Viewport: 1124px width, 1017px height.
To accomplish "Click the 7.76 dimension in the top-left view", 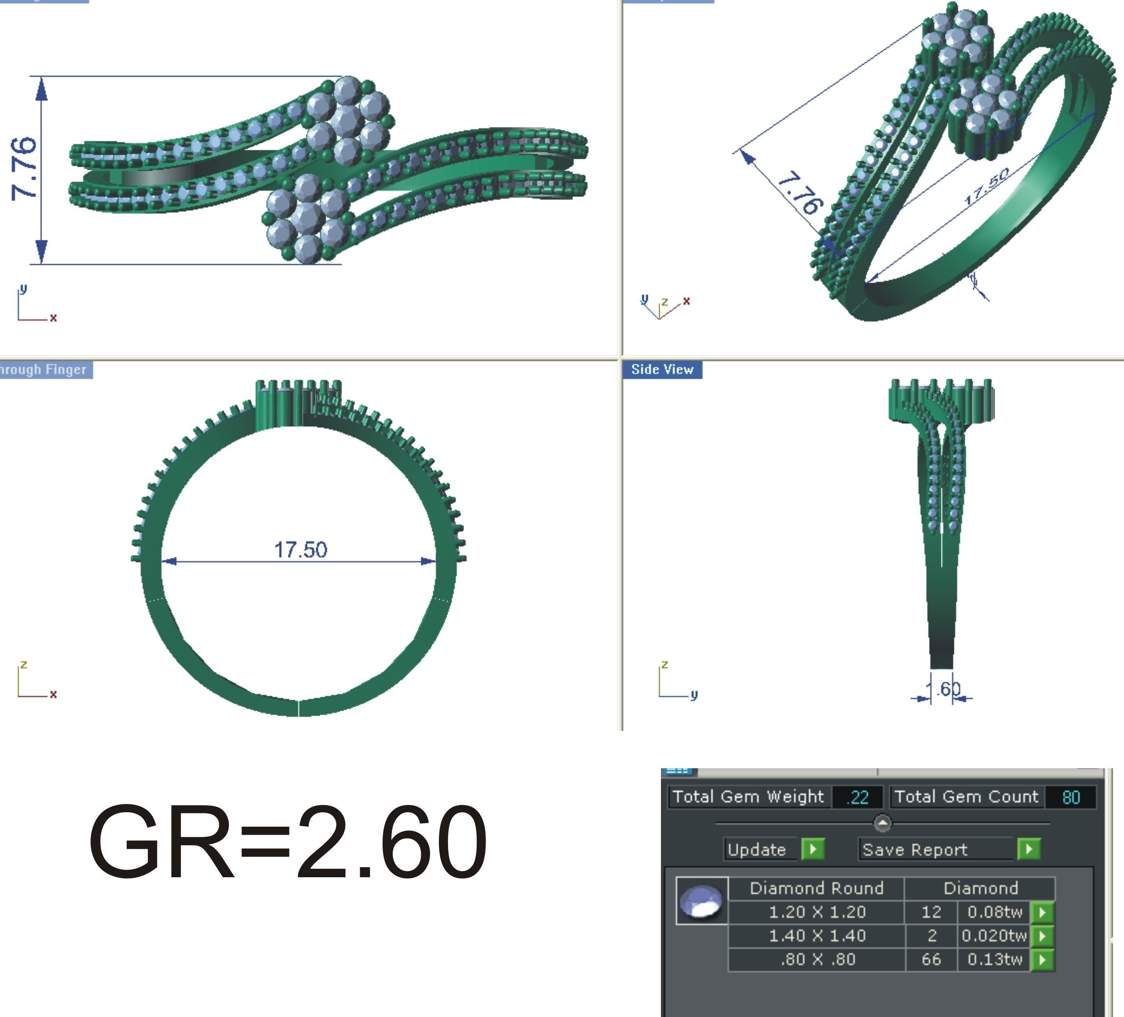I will [25, 168].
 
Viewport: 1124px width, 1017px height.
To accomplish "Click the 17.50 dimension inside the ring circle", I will [300, 549].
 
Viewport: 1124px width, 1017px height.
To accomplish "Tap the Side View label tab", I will [662, 370].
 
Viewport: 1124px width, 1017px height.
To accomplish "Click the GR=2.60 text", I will [287, 842].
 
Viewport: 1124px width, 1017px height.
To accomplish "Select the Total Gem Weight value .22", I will [857, 797].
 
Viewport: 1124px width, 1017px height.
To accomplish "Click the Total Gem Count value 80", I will [1070, 797].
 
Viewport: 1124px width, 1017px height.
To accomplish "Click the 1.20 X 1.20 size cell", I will [817, 912].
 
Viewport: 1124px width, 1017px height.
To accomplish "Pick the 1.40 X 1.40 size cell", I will [817, 936].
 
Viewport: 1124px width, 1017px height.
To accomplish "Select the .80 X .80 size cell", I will [817, 959].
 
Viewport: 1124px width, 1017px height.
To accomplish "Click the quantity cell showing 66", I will [931, 959].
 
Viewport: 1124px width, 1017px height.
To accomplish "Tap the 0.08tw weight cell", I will [994, 912].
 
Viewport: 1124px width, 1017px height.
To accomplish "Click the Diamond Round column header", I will [816, 888].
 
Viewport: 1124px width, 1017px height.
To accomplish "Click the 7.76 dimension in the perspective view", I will [799, 194].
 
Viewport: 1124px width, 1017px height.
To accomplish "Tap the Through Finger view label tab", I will [44, 370].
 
